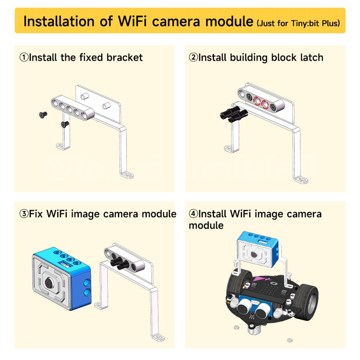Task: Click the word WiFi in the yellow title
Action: [x=133, y=21]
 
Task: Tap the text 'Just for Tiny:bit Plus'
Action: [x=298, y=23]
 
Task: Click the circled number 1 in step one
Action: [x=24, y=57]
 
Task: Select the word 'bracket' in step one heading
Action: [x=124, y=57]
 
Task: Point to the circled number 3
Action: [x=24, y=214]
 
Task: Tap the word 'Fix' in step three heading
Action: [x=36, y=214]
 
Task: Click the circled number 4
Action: [x=193, y=214]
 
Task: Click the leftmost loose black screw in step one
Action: [x=43, y=115]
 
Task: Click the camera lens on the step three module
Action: [x=49, y=283]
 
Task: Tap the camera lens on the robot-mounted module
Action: [x=254, y=255]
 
